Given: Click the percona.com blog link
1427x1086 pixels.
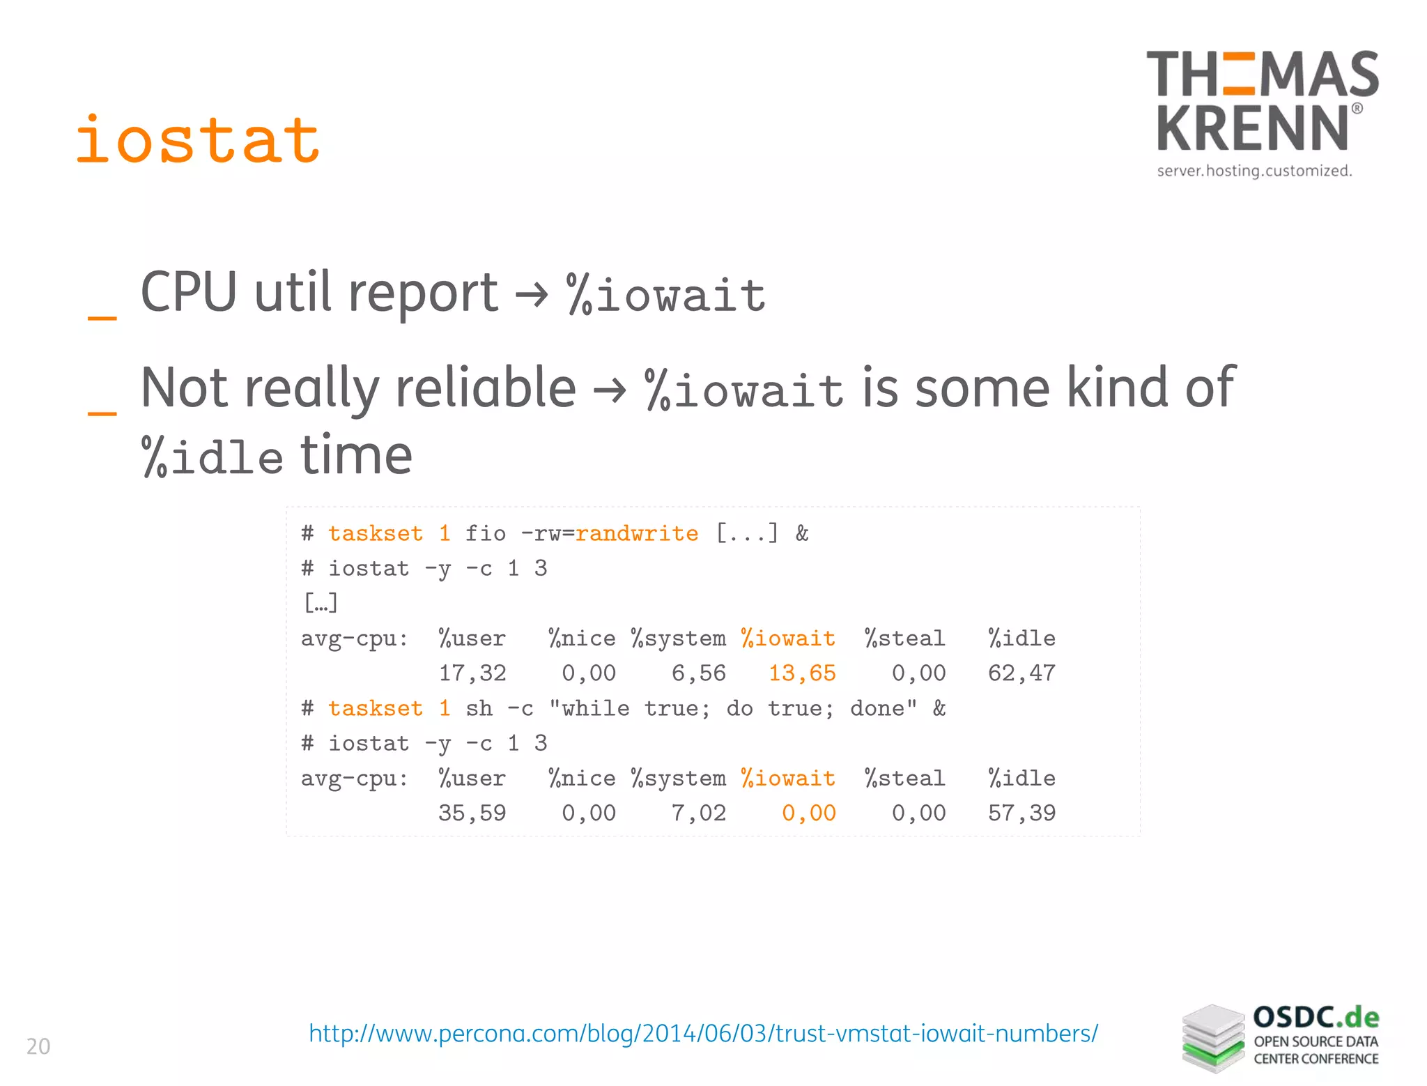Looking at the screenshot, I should pos(703,1033).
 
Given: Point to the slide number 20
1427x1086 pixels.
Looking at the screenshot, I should pos(38,1046).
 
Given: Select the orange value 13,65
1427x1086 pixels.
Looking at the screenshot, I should pos(802,673).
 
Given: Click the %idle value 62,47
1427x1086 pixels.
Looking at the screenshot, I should pos(1021,673).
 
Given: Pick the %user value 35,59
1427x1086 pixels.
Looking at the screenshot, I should pos(472,813).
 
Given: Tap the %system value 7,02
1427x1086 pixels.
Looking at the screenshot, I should pos(699,813).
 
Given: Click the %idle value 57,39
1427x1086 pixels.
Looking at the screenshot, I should pos(1021,813).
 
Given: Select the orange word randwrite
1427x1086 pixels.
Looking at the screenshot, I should pos(637,534).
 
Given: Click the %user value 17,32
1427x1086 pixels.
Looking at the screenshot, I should pos(472,673).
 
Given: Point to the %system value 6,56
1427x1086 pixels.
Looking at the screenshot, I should pos(699,673).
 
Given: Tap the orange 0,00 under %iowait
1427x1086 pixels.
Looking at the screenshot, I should pos(808,813).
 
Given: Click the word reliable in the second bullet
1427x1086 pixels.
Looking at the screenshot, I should pos(486,388).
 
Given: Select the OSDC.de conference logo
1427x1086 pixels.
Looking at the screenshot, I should pos(1281,1038).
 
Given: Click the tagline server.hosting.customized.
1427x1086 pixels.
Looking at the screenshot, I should pos(1254,171).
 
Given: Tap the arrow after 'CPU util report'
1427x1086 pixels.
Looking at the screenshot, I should pos(532,296).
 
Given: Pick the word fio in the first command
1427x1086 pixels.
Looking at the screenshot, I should pos(486,534).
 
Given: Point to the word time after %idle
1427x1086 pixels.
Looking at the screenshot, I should pos(356,456).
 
